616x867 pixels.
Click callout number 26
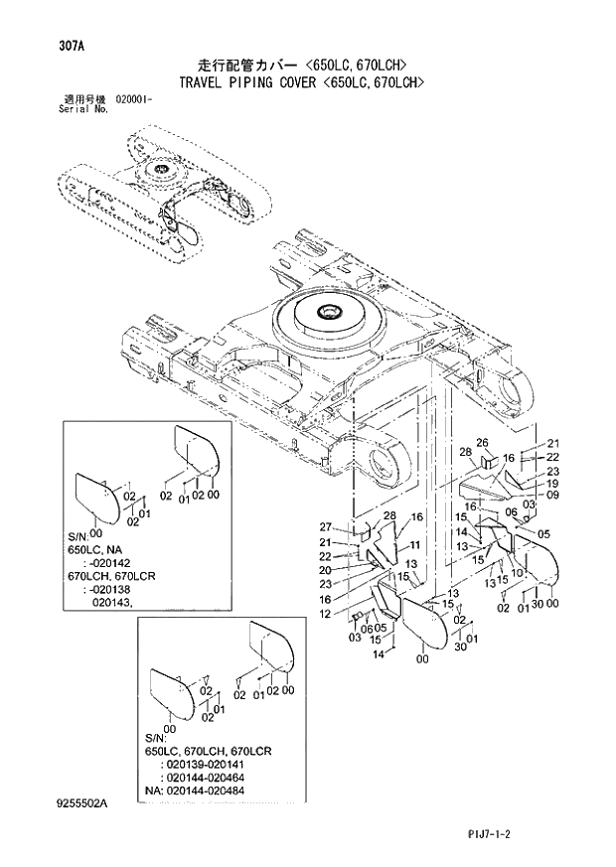coord(482,443)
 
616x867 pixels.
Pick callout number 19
coord(552,484)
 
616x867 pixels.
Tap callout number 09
coord(552,496)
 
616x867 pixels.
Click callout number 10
coord(517,574)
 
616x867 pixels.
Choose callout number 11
coord(415,545)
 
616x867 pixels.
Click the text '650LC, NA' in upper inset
coord(100,549)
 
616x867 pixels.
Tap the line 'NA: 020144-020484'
coord(203,791)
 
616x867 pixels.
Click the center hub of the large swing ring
coord(328,315)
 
